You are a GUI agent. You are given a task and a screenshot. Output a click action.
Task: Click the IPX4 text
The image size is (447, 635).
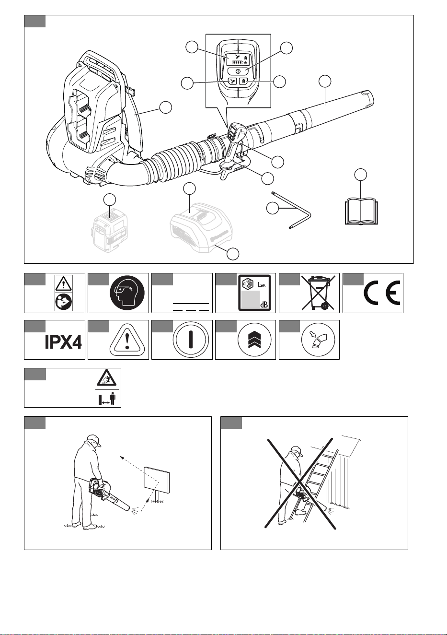tap(63, 342)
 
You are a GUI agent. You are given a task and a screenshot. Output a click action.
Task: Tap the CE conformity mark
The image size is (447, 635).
tap(382, 293)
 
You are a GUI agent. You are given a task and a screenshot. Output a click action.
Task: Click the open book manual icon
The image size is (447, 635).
tap(361, 212)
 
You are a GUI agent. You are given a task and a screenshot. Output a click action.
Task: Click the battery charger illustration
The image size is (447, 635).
tap(201, 227)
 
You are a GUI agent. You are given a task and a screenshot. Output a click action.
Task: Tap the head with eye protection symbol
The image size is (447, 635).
tap(127, 293)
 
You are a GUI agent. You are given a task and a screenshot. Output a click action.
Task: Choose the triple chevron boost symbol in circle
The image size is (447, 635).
tap(254, 340)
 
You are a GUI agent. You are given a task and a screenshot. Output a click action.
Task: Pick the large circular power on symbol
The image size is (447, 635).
tap(191, 340)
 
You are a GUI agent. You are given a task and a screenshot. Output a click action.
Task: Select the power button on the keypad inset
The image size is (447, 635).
tap(238, 71)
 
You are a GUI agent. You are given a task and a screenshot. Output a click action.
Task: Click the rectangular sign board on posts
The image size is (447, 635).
tap(157, 480)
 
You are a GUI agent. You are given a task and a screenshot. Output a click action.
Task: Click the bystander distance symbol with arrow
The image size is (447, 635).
tap(107, 399)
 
